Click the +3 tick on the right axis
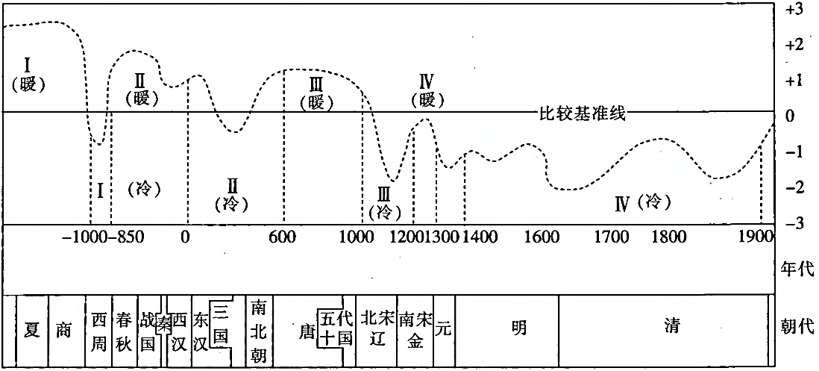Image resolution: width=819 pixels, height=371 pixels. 794,10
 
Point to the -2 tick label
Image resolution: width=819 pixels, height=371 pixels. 794,187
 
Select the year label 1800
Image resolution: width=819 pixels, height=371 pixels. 668,238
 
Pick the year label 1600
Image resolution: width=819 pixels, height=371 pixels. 542,238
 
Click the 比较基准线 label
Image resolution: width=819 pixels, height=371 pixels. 581,115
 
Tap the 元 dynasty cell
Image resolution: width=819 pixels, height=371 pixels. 443,328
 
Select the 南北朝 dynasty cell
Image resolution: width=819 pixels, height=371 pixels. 258,330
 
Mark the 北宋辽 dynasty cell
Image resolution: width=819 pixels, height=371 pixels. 376,328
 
